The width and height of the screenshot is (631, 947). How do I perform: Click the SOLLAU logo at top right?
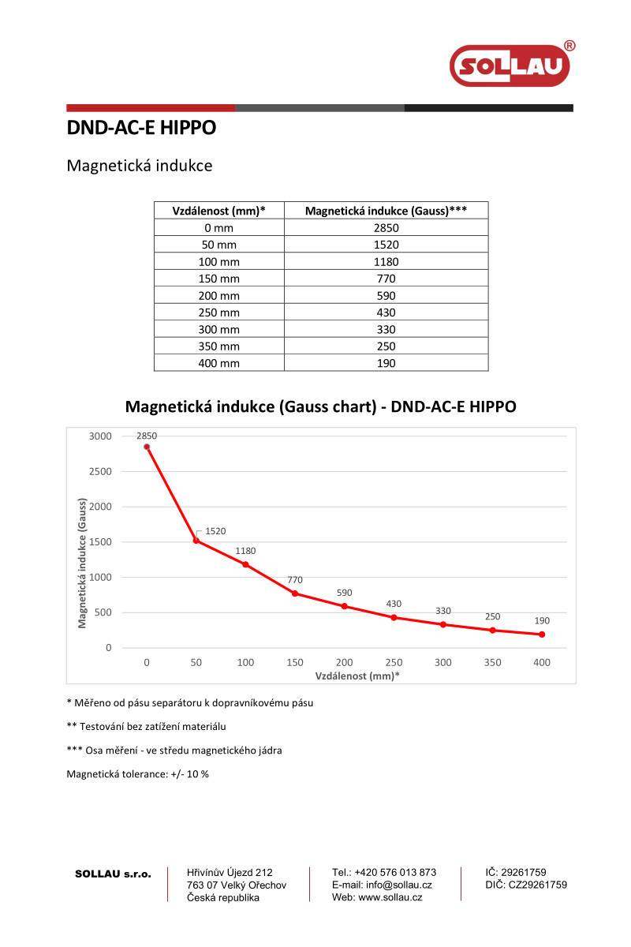click(x=510, y=66)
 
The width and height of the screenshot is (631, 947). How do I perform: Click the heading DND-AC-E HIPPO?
click(x=141, y=128)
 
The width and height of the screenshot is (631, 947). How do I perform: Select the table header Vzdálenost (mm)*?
click(x=218, y=211)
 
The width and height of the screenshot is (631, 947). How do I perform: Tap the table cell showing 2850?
click(x=386, y=228)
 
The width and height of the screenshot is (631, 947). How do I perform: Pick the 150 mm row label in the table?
click(x=218, y=279)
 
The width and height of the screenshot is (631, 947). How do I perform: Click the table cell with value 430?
click(x=386, y=313)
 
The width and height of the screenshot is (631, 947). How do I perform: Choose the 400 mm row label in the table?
click(x=218, y=363)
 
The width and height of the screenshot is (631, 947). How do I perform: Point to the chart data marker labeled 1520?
click(x=196, y=541)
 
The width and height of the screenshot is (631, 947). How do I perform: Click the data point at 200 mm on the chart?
click(x=345, y=606)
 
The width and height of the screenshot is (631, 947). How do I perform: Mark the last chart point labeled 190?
click(x=542, y=634)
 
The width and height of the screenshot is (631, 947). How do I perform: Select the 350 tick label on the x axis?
click(x=492, y=663)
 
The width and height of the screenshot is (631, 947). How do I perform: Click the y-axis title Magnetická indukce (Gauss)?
click(x=82, y=563)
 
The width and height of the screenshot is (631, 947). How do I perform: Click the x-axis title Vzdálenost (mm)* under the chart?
click(x=346, y=676)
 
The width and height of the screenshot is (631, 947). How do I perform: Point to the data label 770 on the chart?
click(x=295, y=580)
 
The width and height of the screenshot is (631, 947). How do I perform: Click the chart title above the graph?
click(x=320, y=407)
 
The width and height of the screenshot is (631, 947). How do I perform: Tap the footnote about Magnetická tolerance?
click(x=138, y=774)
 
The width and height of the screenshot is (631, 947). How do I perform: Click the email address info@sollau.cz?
click(x=382, y=885)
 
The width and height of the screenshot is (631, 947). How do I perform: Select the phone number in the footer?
click(x=384, y=872)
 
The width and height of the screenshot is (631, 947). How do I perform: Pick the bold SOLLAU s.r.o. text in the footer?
click(x=112, y=874)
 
